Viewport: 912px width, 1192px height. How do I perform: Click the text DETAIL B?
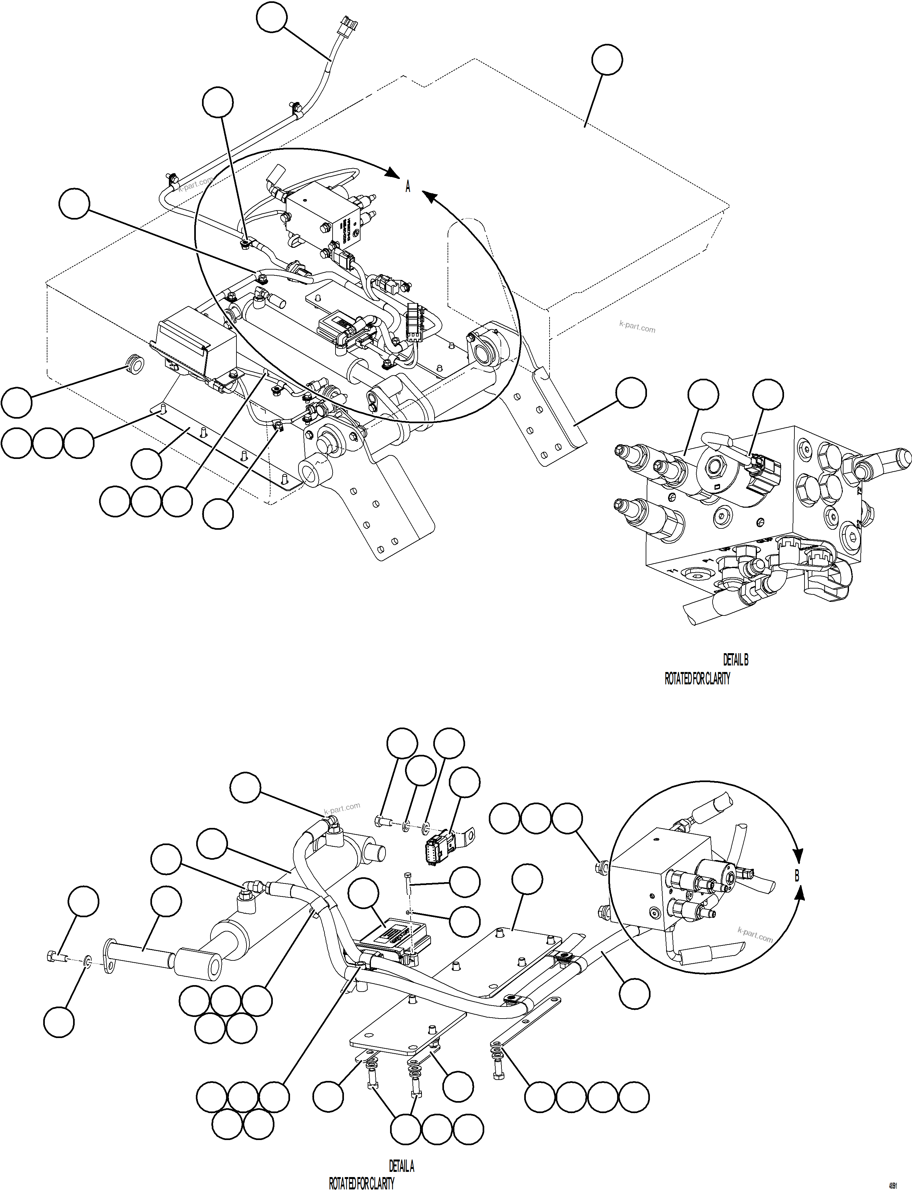(x=736, y=660)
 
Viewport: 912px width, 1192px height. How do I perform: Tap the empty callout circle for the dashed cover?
(x=607, y=60)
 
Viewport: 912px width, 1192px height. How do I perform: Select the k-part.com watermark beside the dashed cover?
(x=637, y=328)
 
